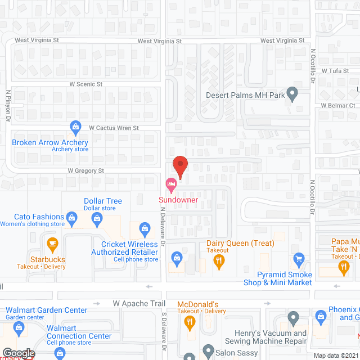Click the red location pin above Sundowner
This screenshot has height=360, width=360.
pos(180,165)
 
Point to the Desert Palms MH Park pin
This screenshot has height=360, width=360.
pos(292,93)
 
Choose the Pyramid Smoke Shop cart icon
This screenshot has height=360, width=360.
pos(299,259)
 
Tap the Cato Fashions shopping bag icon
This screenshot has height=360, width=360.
pos(71,217)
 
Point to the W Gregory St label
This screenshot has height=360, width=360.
pos(86,170)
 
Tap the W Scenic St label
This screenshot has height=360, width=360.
pos(86,84)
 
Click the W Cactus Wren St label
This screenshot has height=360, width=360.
pos(114,128)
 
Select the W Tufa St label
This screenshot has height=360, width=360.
pos(336,71)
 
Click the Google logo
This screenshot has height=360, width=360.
pos(19,353)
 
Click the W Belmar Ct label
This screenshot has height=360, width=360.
pos(338,105)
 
